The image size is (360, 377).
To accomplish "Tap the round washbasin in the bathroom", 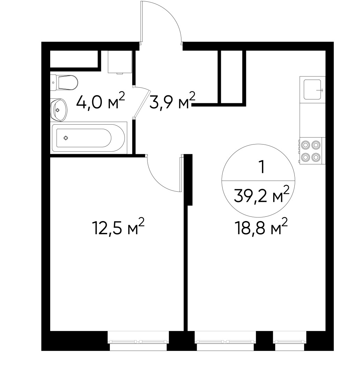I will pyautogui.click(x=58, y=110).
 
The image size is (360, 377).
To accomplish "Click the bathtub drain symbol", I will pyautogui.click(x=66, y=138).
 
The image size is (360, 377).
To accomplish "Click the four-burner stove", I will pyautogui.click(x=311, y=151).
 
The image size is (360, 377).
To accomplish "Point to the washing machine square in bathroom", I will pyautogui.click(x=120, y=62).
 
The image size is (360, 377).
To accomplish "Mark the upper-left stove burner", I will pyautogui.click(x=306, y=145).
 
